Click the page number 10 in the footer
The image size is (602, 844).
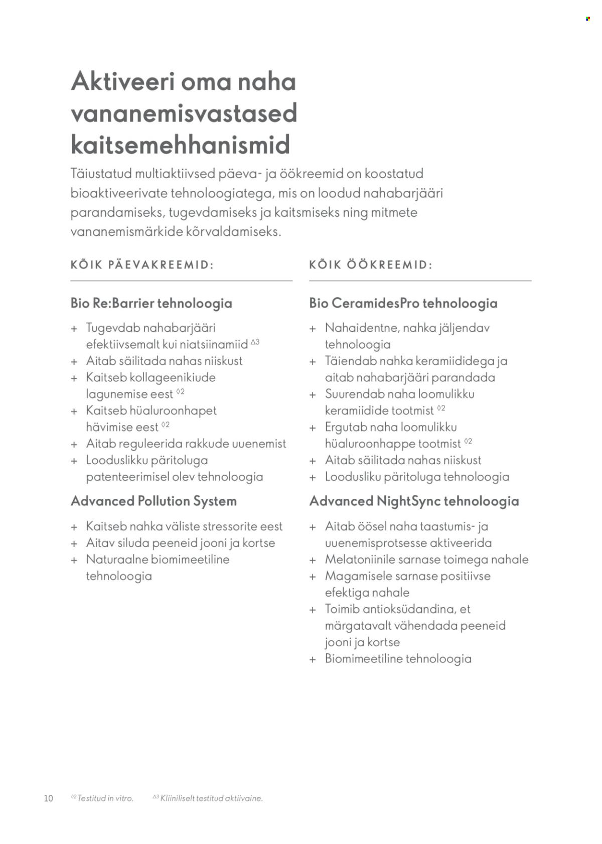[x=49, y=798]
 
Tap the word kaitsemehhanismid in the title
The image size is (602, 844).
[x=181, y=145]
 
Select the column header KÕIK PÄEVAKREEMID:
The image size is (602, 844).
[x=142, y=265]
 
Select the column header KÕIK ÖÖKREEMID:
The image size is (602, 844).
[x=371, y=265]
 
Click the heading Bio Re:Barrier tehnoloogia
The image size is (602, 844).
[x=152, y=303]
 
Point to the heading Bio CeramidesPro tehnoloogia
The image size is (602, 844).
[x=403, y=303]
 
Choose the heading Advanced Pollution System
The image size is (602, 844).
[x=154, y=501]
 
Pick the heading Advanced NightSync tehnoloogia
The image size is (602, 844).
[x=414, y=501]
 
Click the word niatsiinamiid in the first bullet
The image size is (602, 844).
[x=217, y=344]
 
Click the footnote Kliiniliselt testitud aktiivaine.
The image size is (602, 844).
[x=211, y=798]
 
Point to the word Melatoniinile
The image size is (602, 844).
[x=358, y=559]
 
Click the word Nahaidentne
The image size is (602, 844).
[x=358, y=328]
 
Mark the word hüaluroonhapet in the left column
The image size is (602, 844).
[x=173, y=410]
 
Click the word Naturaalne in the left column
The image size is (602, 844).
[x=116, y=559]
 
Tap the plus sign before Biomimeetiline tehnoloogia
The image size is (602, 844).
[x=313, y=659]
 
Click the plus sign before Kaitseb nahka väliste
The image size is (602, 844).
[x=74, y=527]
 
